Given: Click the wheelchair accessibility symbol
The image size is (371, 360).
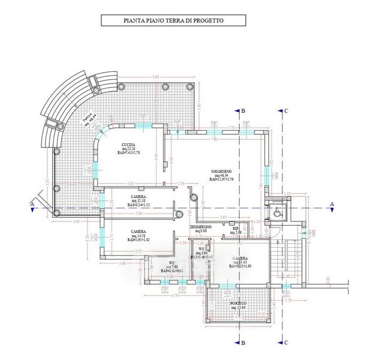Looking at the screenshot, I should click(x=276, y=211).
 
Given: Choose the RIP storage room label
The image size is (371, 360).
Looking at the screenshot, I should click(x=236, y=229).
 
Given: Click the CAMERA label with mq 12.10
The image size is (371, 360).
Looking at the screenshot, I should click(x=139, y=197).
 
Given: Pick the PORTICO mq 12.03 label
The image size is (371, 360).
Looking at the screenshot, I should click(x=238, y=304).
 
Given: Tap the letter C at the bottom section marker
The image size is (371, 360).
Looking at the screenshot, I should click(x=287, y=343).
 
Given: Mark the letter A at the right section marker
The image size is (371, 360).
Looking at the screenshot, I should click(x=331, y=204).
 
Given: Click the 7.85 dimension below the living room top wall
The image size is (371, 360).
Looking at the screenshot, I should click(x=215, y=139).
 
